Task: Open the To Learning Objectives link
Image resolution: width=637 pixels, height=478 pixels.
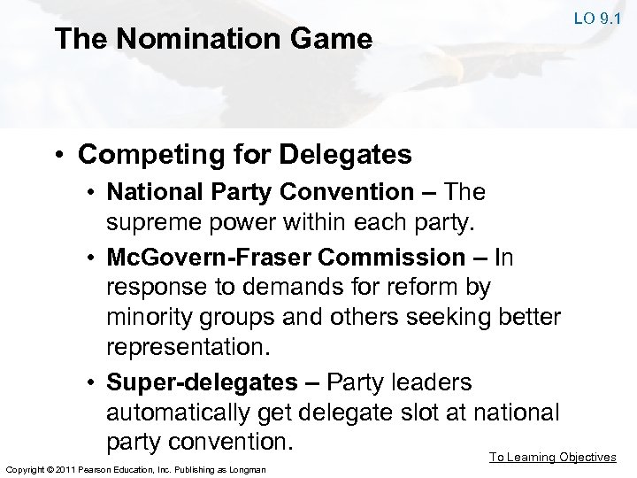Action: point(553,457)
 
